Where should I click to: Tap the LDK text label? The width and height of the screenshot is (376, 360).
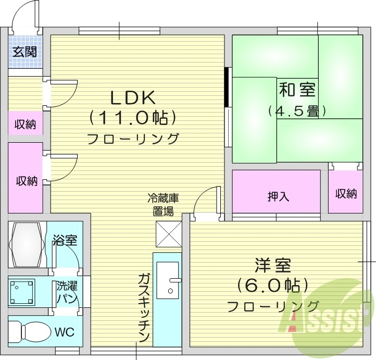(132, 97)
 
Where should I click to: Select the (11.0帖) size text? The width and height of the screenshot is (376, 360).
(132, 118)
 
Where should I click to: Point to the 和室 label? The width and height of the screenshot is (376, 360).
(297, 90)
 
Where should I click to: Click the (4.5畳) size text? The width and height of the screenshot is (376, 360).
(297, 111)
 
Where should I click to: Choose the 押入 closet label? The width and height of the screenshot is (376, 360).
(278, 196)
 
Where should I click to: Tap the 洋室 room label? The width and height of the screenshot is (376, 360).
(273, 265)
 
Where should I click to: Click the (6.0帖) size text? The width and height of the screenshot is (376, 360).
(272, 285)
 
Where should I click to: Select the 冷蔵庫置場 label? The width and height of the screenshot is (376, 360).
(163, 204)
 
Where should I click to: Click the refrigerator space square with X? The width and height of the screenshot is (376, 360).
(168, 233)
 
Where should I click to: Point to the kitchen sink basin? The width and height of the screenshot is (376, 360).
(168, 280)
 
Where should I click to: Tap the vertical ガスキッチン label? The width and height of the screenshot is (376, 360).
(144, 307)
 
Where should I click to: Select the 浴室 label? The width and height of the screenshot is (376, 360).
(65, 240)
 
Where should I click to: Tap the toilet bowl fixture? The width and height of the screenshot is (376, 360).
(31, 331)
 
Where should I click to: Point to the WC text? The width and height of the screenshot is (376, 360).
(66, 332)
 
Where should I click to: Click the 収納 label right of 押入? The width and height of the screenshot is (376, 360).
(346, 194)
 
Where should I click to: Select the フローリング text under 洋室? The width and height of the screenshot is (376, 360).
(272, 306)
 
